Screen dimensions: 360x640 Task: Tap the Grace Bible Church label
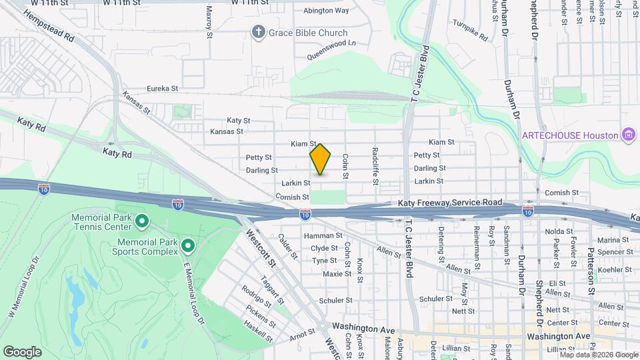tap(308, 33)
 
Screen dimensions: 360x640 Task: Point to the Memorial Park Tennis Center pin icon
tap(141, 220)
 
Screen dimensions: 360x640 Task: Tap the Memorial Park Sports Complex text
tap(148, 247)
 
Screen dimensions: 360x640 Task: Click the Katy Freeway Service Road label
tap(449, 202)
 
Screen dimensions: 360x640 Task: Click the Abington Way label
tap(326, 11)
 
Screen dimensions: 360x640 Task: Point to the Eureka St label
tap(163, 88)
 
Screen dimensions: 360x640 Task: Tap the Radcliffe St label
tap(375, 161)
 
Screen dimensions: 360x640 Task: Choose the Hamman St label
tap(323, 235)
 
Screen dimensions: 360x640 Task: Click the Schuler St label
tap(335, 301)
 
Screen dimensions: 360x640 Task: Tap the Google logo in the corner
tap(22, 351)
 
